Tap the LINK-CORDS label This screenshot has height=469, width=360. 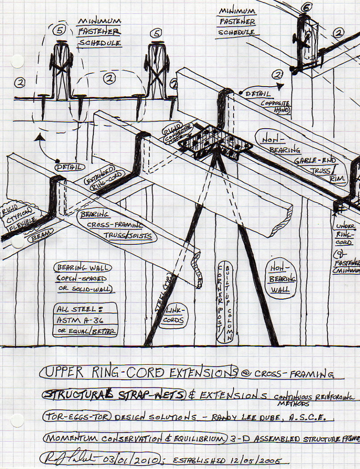coord(174,317)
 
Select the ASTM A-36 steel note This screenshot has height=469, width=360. coord(85,320)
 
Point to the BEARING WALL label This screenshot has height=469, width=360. coord(84,268)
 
